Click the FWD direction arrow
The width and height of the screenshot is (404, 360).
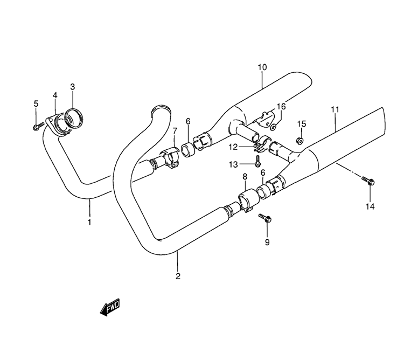coord(110,307)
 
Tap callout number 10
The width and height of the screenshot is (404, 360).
coord(262,67)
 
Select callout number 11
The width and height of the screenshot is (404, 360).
coord(335,109)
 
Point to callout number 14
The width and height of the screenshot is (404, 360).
coord(370,206)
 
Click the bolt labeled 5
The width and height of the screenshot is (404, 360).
coord(38,127)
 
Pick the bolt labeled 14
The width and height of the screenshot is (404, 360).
coord(368,181)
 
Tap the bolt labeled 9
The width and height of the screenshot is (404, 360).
coord(265,218)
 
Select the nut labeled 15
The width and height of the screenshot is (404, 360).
coord(299,141)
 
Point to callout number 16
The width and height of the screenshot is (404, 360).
coord(281,106)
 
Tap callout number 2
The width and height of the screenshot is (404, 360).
coord(178,276)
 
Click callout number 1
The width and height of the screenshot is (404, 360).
coord(89,222)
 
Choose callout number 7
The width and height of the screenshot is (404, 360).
coord(175,131)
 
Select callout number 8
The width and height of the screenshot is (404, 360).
coord(245,177)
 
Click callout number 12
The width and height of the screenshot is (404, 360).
coord(233,147)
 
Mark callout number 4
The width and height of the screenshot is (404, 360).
coord(55,95)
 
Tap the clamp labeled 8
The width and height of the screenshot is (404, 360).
coord(249,200)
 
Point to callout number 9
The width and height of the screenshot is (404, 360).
coord(267,242)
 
